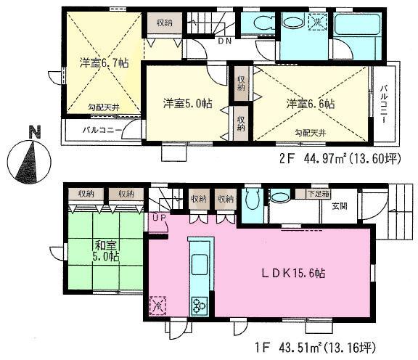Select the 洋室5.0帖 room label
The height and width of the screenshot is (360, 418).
click(187, 102)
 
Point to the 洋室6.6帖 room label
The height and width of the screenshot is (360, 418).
click(310, 103)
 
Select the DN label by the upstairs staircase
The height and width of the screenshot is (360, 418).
click(225, 42)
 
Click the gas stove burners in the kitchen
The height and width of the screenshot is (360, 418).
click(198, 306)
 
